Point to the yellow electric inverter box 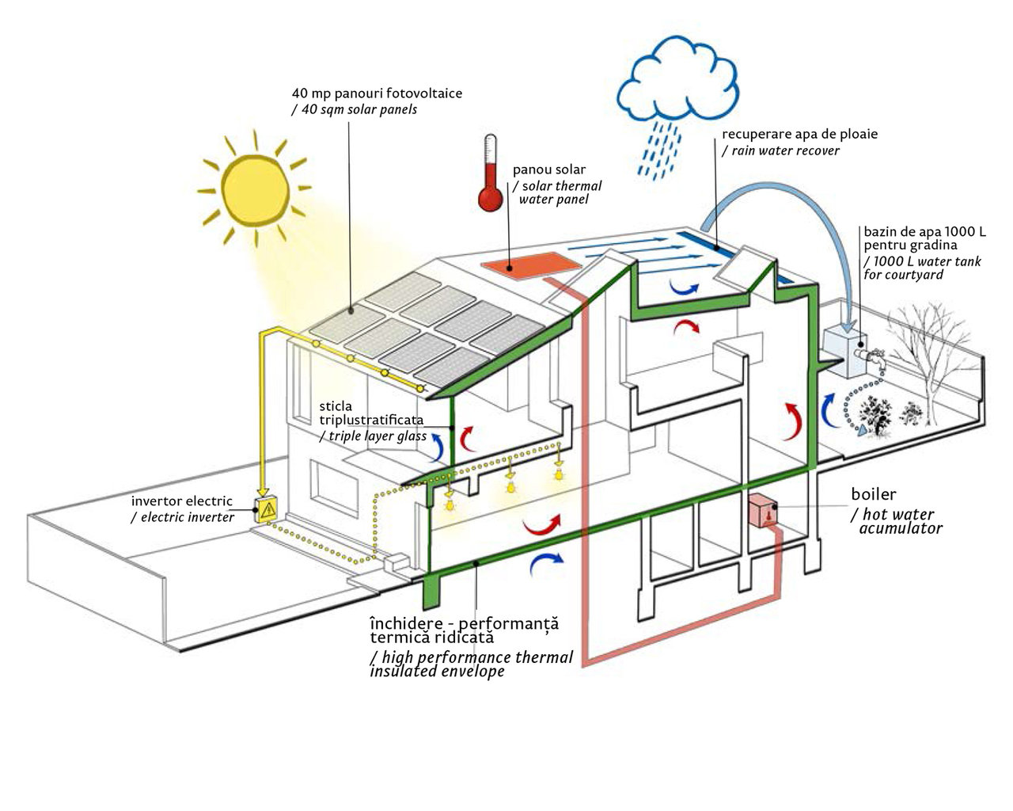[x=267, y=509]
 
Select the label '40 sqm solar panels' [x=355, y=110]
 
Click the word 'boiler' [x=873, y=495]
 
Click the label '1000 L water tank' [x=924, y=261]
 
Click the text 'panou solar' [x=549, y=169]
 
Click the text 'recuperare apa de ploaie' [x=799, y=134]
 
